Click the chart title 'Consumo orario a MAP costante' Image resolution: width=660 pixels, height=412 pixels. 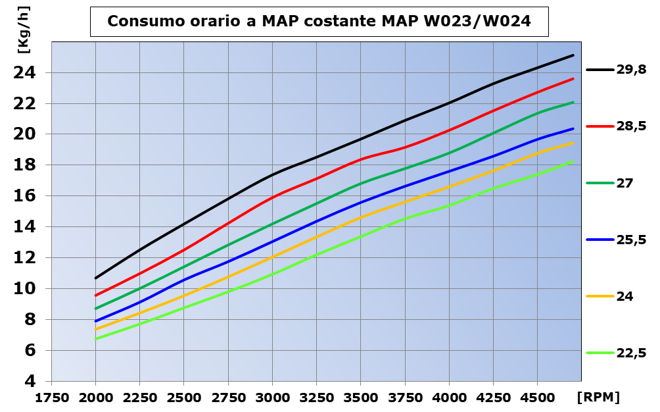click(319, 22)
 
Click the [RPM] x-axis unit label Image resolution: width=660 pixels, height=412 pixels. click(598, 397)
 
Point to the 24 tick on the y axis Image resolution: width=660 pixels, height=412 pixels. click(26, 72)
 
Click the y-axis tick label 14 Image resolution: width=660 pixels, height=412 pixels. click(26, 227)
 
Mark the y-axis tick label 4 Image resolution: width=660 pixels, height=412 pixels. click(31, 382)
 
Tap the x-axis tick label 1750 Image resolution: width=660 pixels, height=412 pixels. click(52, 398)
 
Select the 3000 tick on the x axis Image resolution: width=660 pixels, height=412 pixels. click(273, 398)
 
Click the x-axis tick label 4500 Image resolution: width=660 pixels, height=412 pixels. click(537, 398)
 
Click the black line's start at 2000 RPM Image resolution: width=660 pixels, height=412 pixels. click(96, 278)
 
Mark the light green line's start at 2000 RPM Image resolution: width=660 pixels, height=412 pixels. click(96, 339)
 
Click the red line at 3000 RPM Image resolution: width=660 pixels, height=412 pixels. click(273, 196)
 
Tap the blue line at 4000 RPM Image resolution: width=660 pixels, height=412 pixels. click(449, 171)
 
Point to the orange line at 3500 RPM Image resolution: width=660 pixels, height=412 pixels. click(361, 217)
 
